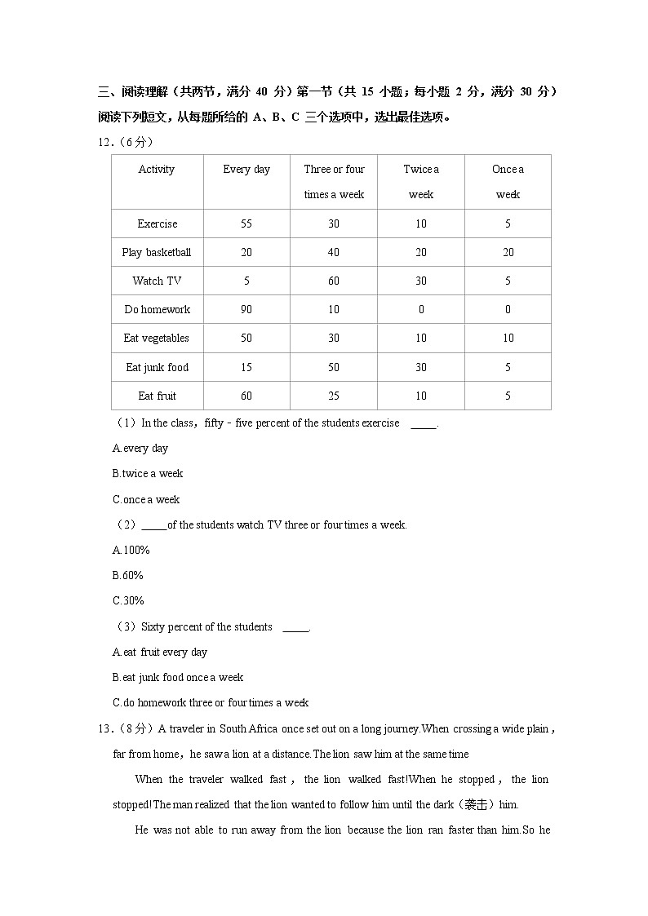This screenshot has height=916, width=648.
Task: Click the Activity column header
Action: click(x=157, y=170)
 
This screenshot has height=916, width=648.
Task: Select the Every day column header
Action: click(x=246, y=170)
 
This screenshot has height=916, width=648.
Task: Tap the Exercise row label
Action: click(x=157, y=223)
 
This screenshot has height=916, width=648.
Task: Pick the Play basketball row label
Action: click(x=157, y=252)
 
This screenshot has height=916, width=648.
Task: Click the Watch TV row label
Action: click(x=157, y=281)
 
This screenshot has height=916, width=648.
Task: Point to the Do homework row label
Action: click(x=157, y=309)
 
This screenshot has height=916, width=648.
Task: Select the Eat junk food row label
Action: click(x=157, y=367)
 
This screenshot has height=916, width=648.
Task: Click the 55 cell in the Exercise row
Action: click(x=246, y=223)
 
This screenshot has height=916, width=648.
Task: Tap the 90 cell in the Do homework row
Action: click(x=246, y=309)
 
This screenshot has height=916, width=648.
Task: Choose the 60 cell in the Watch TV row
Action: click(x=334, y=281)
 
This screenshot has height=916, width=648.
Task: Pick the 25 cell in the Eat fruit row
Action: click(x=334, y=396)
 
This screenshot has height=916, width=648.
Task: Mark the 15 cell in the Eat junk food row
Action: click(x=246, y=367)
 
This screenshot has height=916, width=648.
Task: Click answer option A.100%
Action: click(x=131, y=550)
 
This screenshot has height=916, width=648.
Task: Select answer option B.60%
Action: click(x=128, y=575)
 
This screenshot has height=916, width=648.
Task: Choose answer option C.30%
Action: click(x=128, y=600)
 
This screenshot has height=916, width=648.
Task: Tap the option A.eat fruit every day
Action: click(x=160, y=652)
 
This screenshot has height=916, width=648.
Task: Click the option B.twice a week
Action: click(x=148, y=473)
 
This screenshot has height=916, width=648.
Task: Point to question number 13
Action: click(x=104, y=728)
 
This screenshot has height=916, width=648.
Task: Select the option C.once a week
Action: click(x=146, y=499)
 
